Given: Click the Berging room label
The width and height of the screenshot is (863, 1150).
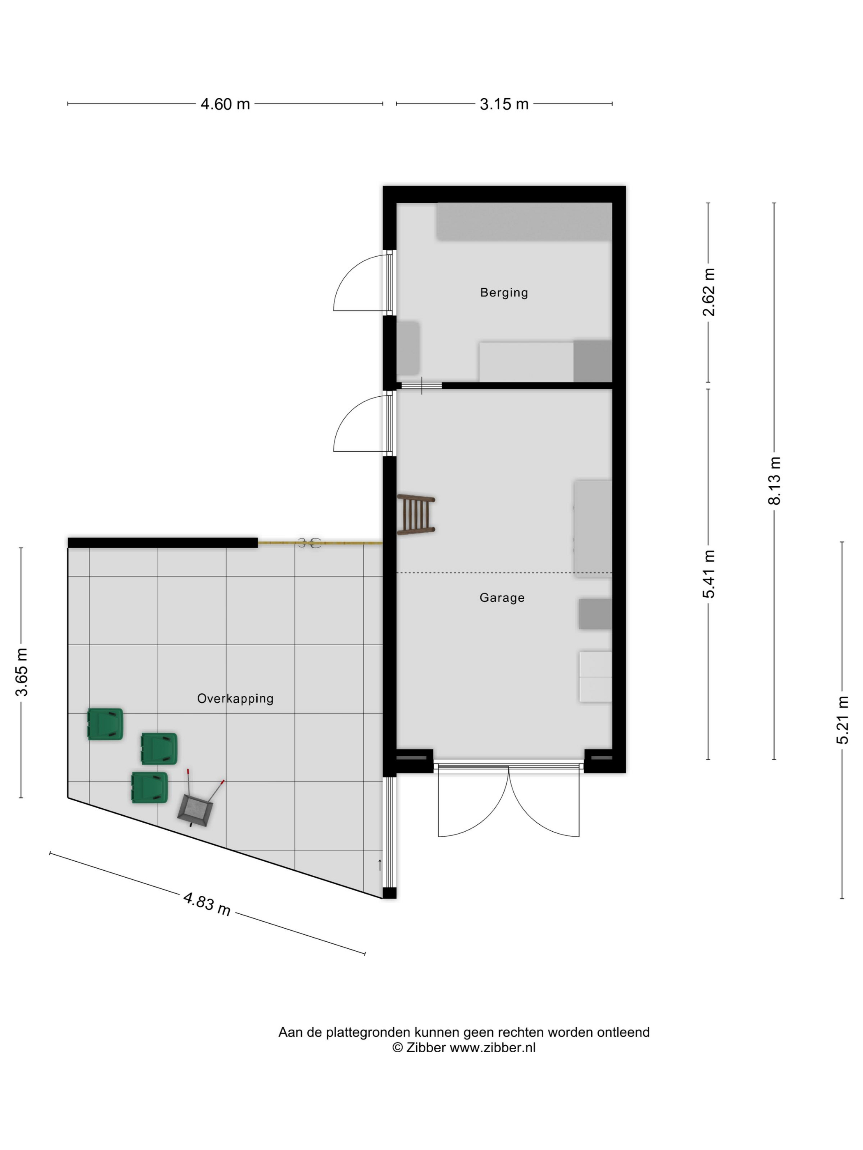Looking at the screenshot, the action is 503,293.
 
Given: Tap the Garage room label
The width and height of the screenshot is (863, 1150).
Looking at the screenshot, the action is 502,598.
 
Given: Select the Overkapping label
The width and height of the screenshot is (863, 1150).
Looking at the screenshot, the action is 235,699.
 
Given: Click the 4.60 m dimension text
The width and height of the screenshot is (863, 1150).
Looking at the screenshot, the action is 225,104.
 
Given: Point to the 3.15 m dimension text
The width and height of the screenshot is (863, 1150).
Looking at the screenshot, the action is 504,104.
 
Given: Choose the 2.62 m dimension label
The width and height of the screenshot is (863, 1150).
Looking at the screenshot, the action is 708,292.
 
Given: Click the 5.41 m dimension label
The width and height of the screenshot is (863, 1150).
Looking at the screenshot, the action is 708,574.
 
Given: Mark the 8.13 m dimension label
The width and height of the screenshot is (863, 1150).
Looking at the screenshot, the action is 774,481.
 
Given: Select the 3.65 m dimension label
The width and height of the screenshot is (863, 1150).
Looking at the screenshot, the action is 21,672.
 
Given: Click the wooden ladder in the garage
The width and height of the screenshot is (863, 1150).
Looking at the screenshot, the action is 415,514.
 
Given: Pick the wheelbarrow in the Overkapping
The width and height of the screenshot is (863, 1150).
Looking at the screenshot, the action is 200,800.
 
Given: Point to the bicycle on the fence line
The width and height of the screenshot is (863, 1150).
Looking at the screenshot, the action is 309,543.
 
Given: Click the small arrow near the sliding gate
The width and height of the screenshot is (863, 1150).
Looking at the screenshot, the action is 380,865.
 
